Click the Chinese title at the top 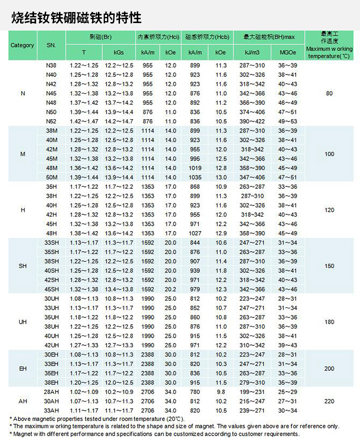[77, 18]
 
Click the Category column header [23, 45]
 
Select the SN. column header [51, 45]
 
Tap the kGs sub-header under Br [119, 52]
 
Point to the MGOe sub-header [288, 52]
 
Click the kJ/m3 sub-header [252, 52]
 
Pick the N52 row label [51, 122]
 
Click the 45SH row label [51, 289]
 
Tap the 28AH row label [51, 392]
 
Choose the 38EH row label [51, 382]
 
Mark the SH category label [23, 266]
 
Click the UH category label [23, 322]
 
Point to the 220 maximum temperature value [329, 401]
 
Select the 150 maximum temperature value [329, 266]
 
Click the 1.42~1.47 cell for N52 [84, 122]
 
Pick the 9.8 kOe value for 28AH [221, 392]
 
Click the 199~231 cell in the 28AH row [252, 392]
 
